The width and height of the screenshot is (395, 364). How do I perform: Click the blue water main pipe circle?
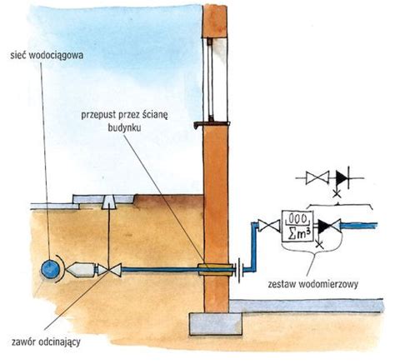[x=50, y=268]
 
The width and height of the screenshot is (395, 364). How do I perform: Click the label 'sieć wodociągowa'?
[x=47, y=55]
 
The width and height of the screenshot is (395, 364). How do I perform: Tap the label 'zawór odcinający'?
[x=46, y=342]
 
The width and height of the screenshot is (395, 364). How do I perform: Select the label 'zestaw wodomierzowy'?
[x=313, y=284]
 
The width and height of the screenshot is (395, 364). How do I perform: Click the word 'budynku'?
[x=124, y=127]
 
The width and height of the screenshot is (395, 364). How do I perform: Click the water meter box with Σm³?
[x=297, y=227]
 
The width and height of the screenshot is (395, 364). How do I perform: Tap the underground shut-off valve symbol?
[x=109, y=270]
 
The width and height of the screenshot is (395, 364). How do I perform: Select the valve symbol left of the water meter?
[x=269, y=226]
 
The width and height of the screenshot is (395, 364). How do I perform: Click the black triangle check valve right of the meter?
[x=324, y=227]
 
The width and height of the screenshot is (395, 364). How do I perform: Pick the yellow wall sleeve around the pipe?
[x=216, y=269]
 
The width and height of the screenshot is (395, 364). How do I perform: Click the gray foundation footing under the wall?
[x=216, y=324]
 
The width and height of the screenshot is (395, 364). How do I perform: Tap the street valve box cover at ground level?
[x=108, y=202]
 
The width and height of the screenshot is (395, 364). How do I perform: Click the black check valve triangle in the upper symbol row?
[x=341, y=177]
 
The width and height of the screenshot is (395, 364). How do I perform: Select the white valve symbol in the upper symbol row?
[x=317, y=177]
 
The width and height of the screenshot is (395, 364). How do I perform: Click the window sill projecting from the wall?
[x=212, y=124]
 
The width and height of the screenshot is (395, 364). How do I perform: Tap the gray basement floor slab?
[x=307, y=306]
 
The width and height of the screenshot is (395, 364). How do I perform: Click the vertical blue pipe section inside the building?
[x=254, y=245]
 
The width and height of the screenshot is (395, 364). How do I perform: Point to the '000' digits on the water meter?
[x=297, y=218]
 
